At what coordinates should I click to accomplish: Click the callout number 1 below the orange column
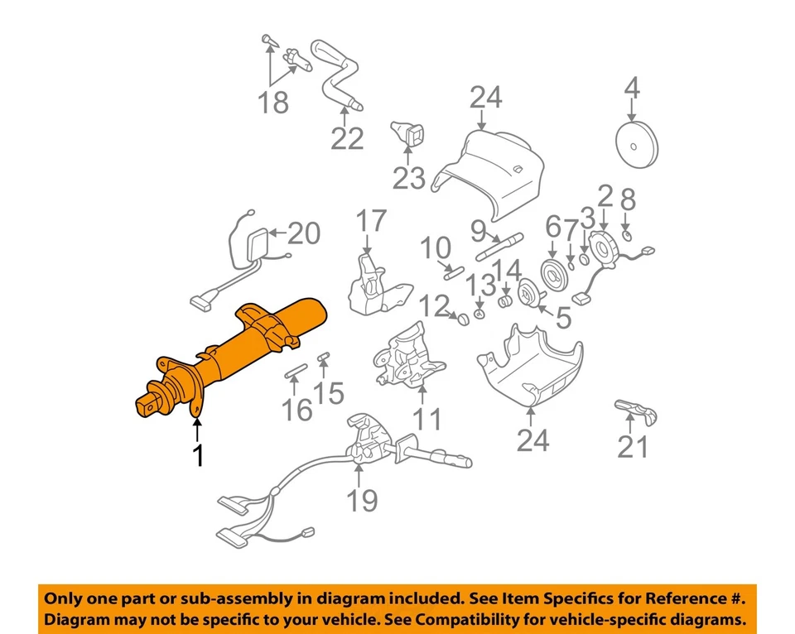click(197, 454)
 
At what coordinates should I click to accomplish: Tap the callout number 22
click(347, 138)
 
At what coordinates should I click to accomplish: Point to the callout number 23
click(408, 177)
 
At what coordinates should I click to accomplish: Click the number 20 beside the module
click(303, 234)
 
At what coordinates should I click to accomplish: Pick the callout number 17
click(372, 221)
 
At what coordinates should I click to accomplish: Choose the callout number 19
click(363, 500)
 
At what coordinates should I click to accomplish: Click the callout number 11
click(427, 419)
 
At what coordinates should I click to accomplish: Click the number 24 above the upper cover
click(485, 98)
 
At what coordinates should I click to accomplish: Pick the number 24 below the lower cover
click(532, 440)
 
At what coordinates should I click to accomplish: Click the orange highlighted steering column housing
click(248, 348)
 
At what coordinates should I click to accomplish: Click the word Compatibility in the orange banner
click(504, 619)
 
